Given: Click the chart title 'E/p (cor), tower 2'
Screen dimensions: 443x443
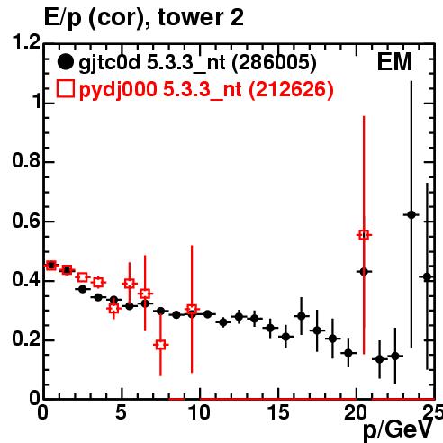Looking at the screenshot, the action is coord(144,17).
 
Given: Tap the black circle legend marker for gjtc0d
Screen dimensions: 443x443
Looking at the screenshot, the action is coord(65,62).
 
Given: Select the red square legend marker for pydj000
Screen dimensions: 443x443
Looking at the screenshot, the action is coord(65,89).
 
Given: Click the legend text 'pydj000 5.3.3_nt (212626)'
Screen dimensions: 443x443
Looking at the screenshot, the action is coord(206,90).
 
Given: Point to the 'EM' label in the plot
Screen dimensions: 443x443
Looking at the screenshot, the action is coord(394,62).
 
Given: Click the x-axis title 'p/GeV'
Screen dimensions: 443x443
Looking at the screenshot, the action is coord(398,430).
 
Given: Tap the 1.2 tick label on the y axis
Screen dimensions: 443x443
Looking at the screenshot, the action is coord(26,42).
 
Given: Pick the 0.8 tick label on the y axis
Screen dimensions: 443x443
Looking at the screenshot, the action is coord(26,160).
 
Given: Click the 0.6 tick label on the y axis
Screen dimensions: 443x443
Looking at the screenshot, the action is coord(26,221).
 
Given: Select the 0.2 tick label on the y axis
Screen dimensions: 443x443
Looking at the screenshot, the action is coord(26,339).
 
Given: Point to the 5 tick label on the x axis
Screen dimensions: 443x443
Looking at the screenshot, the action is coord(121,412).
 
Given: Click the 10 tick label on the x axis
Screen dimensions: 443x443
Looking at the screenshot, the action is coord(200,412).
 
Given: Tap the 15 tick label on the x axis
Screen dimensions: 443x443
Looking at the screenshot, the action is coord(278,412).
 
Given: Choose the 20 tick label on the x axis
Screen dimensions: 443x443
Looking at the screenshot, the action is coord(356,412).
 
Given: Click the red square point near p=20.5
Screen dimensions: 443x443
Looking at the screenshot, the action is coord(364,235).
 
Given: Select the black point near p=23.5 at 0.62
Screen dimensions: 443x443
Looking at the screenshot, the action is coord(411,215).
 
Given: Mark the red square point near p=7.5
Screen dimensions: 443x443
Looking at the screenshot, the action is coord(161,345).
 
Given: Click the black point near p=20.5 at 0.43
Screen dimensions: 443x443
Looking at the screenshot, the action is coord(364,272).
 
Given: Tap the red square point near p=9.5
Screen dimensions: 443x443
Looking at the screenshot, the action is coord(192,309).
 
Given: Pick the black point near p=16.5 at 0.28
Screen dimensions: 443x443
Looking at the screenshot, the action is coord(302,316).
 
